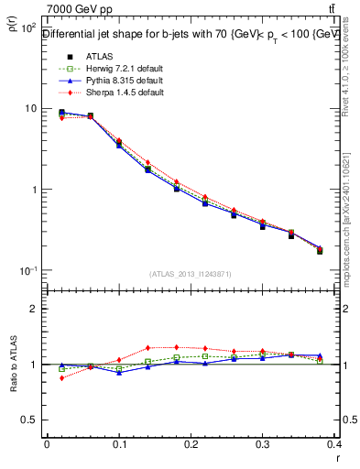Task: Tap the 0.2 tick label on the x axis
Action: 191,446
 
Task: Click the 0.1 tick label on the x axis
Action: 118,446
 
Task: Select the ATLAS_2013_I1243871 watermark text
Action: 190,274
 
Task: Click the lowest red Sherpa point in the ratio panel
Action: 61,377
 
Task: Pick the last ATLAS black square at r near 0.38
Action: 320,250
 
